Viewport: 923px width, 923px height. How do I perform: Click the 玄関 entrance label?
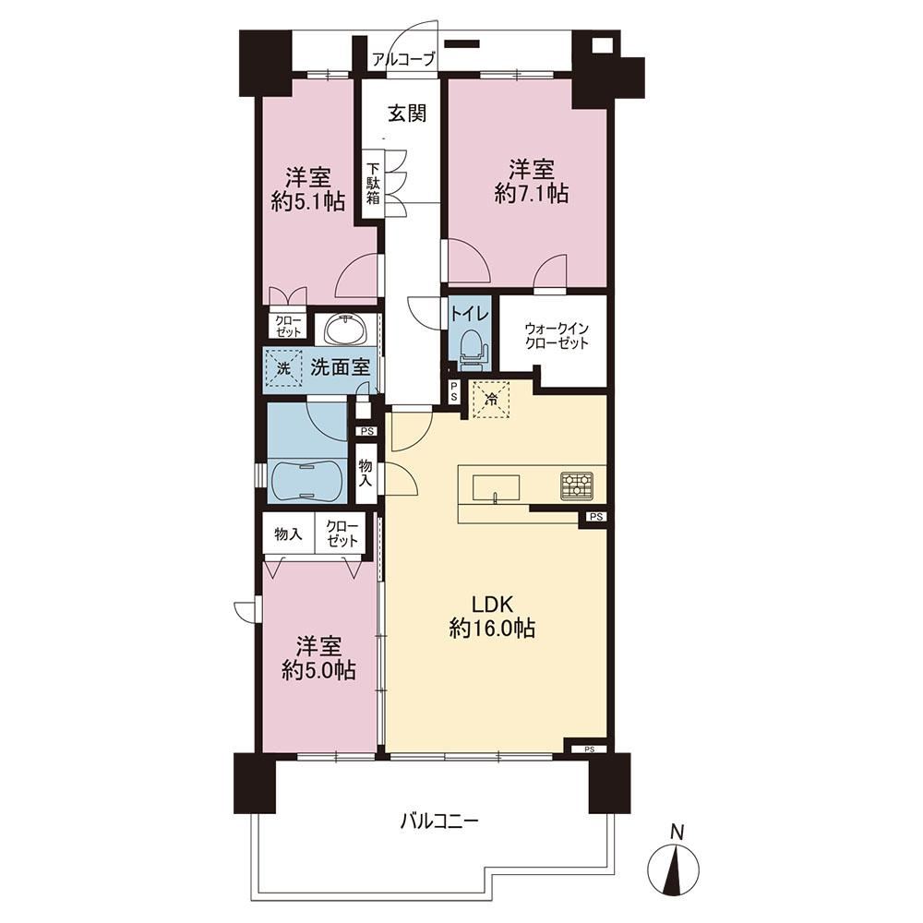point(407,113)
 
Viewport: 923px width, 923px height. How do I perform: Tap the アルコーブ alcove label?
point(404,59)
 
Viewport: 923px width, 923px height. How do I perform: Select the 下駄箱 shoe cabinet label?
point(373,183)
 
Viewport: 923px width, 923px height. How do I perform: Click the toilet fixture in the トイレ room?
point(472,349)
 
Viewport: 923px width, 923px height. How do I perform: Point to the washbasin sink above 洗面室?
point(343,330)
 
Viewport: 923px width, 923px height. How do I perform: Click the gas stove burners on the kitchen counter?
point(578,486)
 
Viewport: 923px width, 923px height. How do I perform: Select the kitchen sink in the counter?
point(497,487)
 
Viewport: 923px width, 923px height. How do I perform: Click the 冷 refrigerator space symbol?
point(490,399)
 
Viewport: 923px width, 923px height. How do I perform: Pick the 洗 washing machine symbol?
point(283,369)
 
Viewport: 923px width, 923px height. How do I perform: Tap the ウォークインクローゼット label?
point(557,336)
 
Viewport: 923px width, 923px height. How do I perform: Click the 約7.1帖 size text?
point(532,193)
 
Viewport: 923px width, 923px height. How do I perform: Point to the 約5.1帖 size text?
point(308,202)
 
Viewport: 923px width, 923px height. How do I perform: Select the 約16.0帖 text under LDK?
point(492,629)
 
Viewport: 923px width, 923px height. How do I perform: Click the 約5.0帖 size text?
point(318,671)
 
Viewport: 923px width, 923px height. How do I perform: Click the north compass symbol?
point(674,869)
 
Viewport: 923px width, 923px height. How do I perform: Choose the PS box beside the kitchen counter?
point(595,517)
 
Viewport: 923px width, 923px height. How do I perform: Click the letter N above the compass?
point(678,833)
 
